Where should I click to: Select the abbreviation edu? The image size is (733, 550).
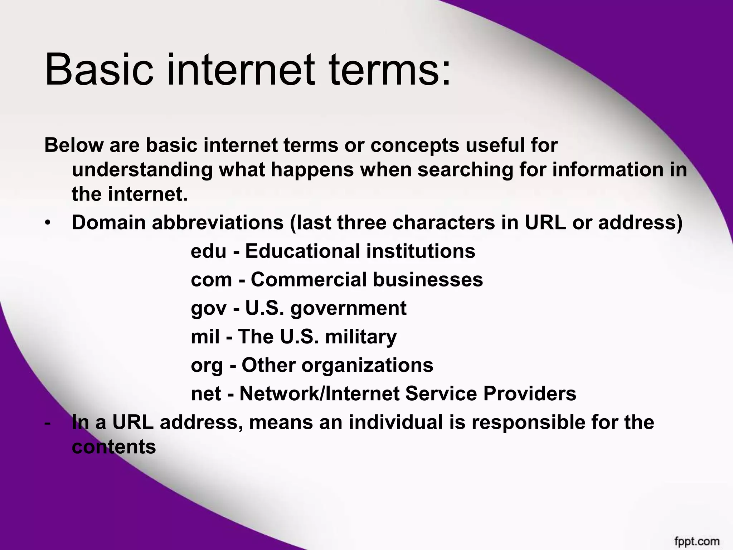pos(208,251)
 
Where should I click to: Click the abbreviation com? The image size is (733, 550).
pos(211,280)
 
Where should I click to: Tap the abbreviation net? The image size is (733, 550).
pos(206,394)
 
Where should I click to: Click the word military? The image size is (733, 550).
pos(361,337)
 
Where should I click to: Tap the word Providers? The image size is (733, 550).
pos(529,394)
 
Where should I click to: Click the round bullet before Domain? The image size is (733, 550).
pos(48,223)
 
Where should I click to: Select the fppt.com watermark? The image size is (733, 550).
pos(697,541)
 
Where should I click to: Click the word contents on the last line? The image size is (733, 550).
pos(114,447)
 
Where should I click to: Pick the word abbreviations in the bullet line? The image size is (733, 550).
pos(218,223)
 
